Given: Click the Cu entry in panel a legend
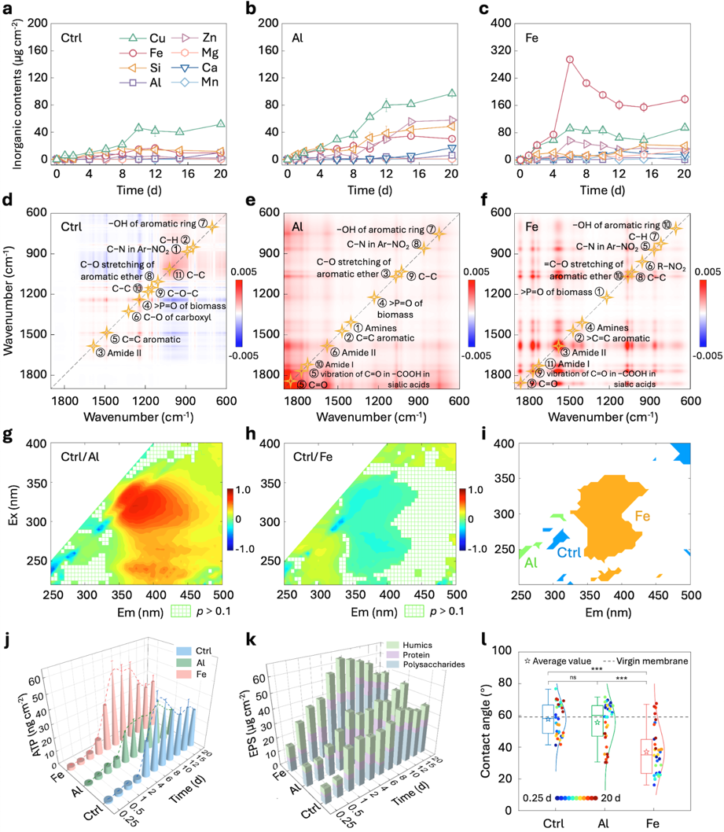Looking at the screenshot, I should pyautogui.click(x=157, y=37).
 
